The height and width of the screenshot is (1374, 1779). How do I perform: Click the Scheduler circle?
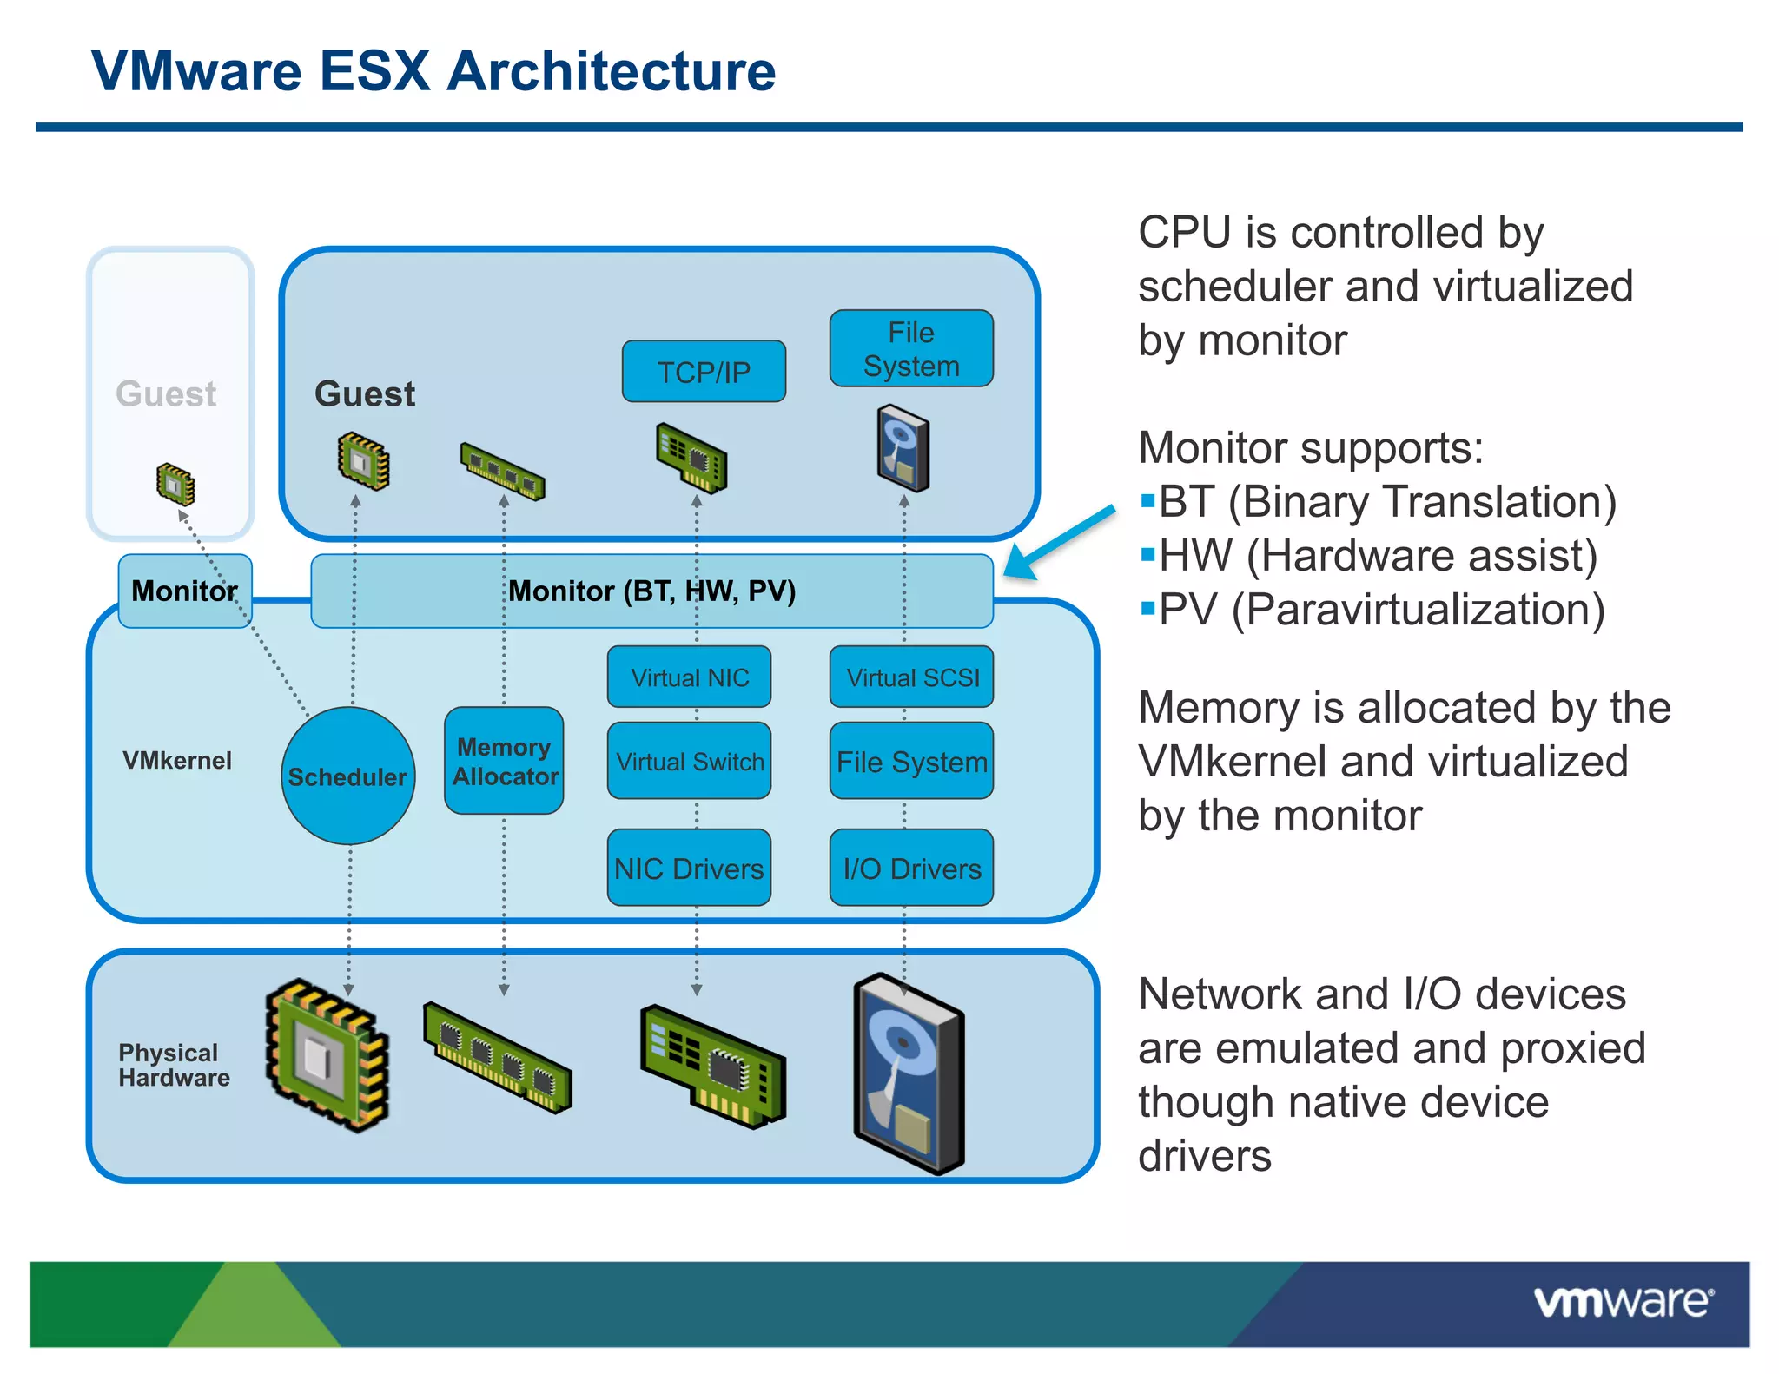(x=347, y=776)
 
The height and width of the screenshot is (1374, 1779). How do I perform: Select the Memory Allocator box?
(x=504, y=761)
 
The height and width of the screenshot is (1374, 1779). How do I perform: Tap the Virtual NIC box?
(x=689, y=677)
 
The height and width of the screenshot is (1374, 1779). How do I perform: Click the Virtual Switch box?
(x=689, y=761)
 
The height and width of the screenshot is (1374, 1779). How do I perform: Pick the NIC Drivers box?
(x=689, y=868)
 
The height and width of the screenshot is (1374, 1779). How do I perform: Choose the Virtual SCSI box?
(x=911, y=677)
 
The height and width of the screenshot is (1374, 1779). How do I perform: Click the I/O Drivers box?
(x=911, y=868)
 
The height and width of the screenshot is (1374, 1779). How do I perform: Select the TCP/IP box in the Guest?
(x=704, y=372)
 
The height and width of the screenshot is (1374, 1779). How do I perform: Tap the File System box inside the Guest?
(x=911, y=348)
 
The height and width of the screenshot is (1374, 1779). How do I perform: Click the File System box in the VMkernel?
(x=911, y=761)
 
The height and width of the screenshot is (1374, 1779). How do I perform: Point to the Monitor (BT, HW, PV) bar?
(x=651, y=591)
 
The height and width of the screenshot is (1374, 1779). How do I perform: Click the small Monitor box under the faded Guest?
(x=184, y=591)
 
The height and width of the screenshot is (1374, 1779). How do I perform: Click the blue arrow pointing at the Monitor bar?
(x=1060, y=543)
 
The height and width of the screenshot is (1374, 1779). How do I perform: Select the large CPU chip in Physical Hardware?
(x=327, y=1054)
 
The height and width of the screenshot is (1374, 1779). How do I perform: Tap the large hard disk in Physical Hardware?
(x=908, y=1073)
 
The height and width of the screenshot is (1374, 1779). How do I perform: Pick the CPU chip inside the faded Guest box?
(x=175, y=485)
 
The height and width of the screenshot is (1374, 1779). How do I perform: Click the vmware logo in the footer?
(x=1623, y=1303)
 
